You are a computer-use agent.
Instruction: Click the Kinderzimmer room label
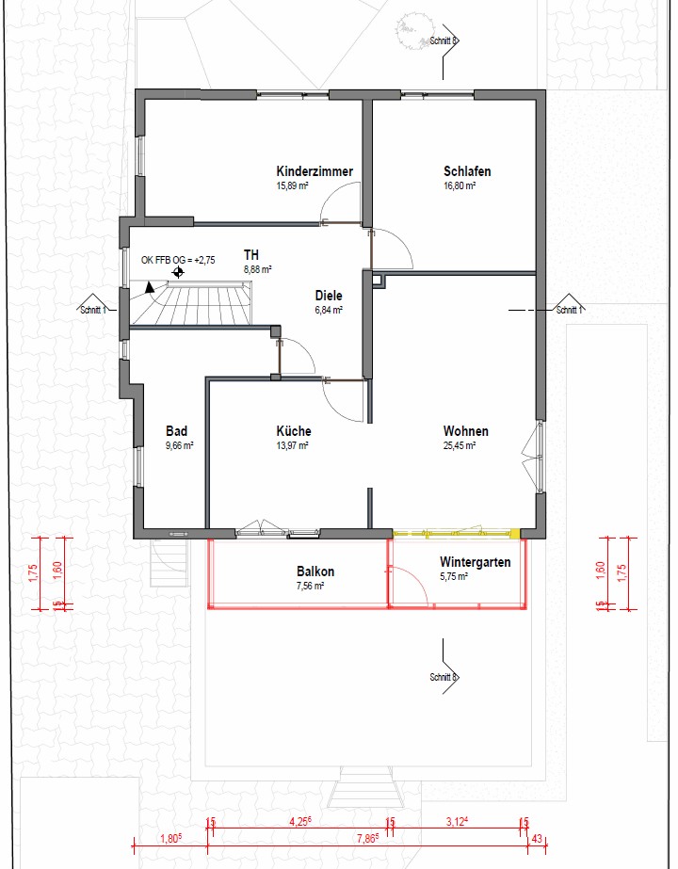coord(315,171)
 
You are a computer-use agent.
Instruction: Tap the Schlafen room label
coord(467,171)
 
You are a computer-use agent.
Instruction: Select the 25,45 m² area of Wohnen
coord(459,445)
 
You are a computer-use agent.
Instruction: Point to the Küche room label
coord(294,431)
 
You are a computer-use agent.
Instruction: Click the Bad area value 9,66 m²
coord(179,445)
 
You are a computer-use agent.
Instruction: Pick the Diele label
coord(329,296)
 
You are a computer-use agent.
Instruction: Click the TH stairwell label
coord(251,255)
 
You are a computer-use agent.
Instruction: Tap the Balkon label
coord(315,571)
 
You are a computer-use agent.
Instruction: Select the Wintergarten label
coord(476,562)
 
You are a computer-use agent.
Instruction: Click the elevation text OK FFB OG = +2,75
coord(178,260)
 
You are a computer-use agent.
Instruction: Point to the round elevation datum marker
coord(178,272)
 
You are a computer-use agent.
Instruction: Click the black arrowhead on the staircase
coord(149,286)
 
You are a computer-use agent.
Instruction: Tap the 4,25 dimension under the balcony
coord(299,823)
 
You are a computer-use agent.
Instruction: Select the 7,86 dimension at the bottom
coord(367,839)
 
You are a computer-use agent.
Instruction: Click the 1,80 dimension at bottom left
coord(170,839)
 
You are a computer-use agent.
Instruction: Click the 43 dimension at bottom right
coord(536,839)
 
